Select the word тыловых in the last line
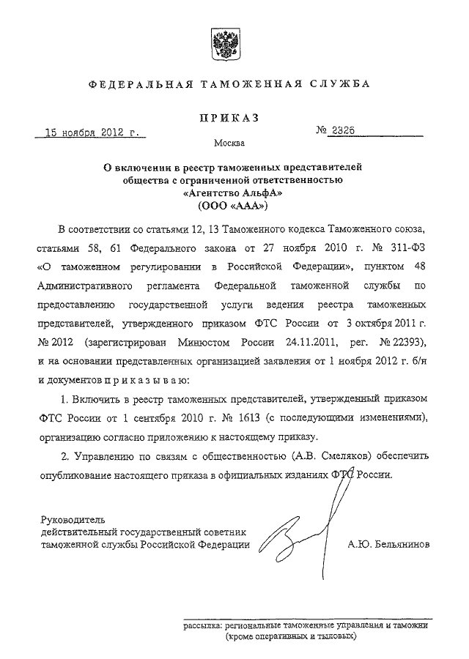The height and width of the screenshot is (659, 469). pyautogui.click(x=333, y=637)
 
